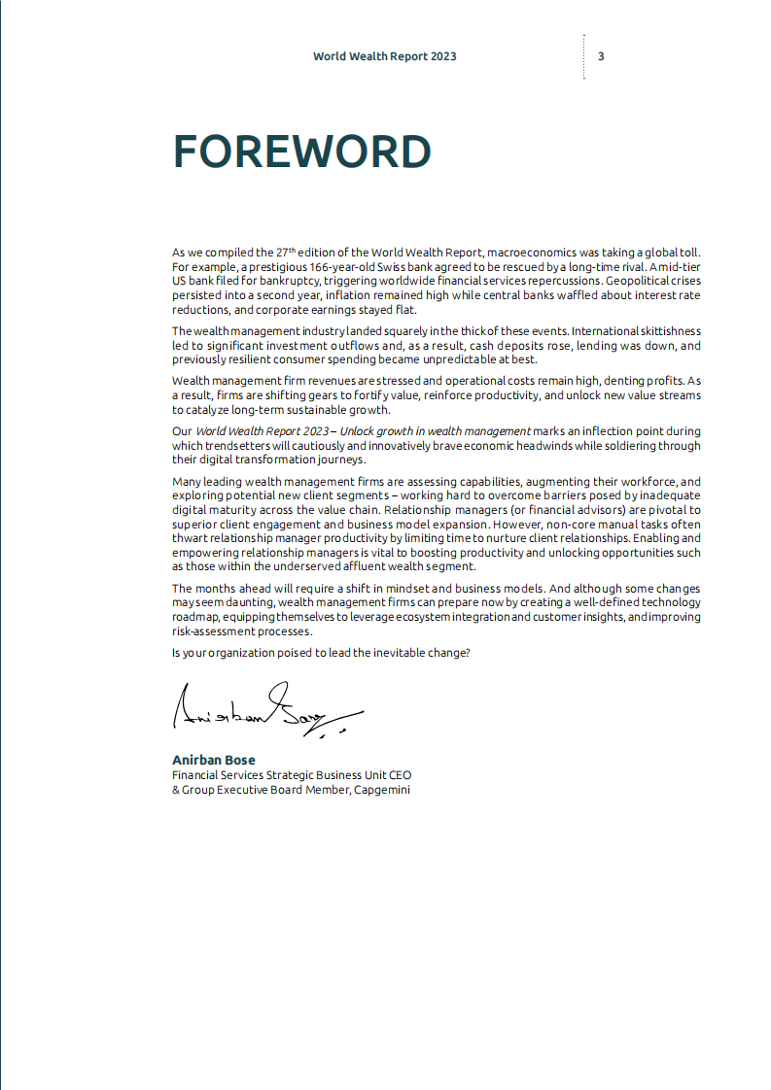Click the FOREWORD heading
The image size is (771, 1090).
[x=301, y=152]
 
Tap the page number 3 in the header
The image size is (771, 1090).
[x=601, y=56]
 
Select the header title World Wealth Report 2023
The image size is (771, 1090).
[x=384, y=56]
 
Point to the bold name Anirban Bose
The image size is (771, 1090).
[x=214, y=760]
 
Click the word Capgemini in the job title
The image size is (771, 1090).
[x=382, y=790]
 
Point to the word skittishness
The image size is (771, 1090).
[x=665, y=332]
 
